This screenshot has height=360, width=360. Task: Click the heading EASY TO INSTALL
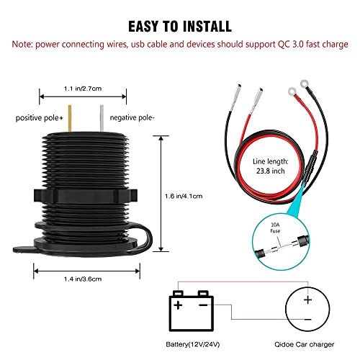pos(180,26)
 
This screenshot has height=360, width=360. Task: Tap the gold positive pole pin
pos(70,118)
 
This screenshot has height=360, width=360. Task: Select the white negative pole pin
pos(102,118)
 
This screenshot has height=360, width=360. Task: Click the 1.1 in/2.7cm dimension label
pos(83,89)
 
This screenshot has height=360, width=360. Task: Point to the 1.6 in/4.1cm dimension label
pos(184,196)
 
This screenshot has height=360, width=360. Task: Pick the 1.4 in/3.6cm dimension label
pos(83,279)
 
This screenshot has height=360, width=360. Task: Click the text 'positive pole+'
pos(40,118)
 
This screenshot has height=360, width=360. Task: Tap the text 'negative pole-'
pos(132,117)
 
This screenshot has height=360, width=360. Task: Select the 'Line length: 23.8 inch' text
pos(271,166)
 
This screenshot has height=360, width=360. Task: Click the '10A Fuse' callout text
pos(275,228)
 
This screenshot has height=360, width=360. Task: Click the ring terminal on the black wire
pos(305,84)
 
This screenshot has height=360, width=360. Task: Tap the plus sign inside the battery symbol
pos(178,305)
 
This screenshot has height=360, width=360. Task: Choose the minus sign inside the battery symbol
pos(203,305)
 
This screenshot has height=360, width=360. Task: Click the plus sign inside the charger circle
pos(307,300)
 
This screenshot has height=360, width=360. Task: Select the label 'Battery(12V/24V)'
pos(193,344)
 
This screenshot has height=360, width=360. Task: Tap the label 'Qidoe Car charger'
pos(305,344)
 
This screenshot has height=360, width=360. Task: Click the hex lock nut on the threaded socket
pos(86,196)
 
